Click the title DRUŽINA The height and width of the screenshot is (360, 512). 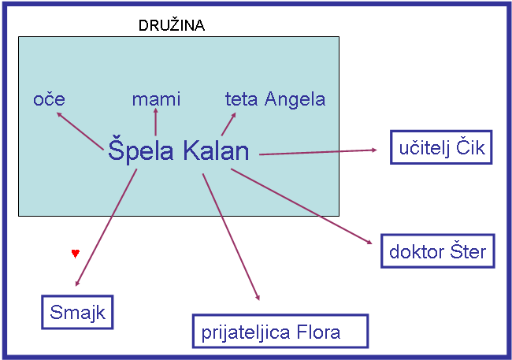click(172, 25)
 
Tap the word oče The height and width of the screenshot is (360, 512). click(49, 98)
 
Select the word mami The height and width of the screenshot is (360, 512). click(156, 99)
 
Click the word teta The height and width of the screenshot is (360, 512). click(241, 99)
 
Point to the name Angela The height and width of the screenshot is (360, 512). click(295, 99)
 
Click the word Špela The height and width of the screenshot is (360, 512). click(141, 150)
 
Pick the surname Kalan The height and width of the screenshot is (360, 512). click(216, 150)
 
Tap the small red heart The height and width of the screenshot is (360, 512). click(76, 254)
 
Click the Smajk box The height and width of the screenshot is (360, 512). click(77, 312)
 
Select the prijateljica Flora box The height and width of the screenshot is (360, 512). click(280, 332)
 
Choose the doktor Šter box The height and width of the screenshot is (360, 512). click(438, 251)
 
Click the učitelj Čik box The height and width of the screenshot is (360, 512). click(441, 147)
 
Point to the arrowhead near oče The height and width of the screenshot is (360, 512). click(59, 115)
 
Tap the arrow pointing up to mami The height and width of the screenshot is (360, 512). click(156, 122)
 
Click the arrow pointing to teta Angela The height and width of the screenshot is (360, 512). click(228, 124)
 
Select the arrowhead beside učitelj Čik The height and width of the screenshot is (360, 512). click(374, 150)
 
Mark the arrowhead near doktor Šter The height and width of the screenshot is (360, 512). click(369, 242)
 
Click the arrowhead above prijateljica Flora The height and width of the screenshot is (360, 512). click(258, 297)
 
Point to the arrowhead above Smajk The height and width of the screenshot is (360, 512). click(77, 284)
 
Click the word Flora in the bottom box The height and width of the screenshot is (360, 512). click(318, 332)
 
